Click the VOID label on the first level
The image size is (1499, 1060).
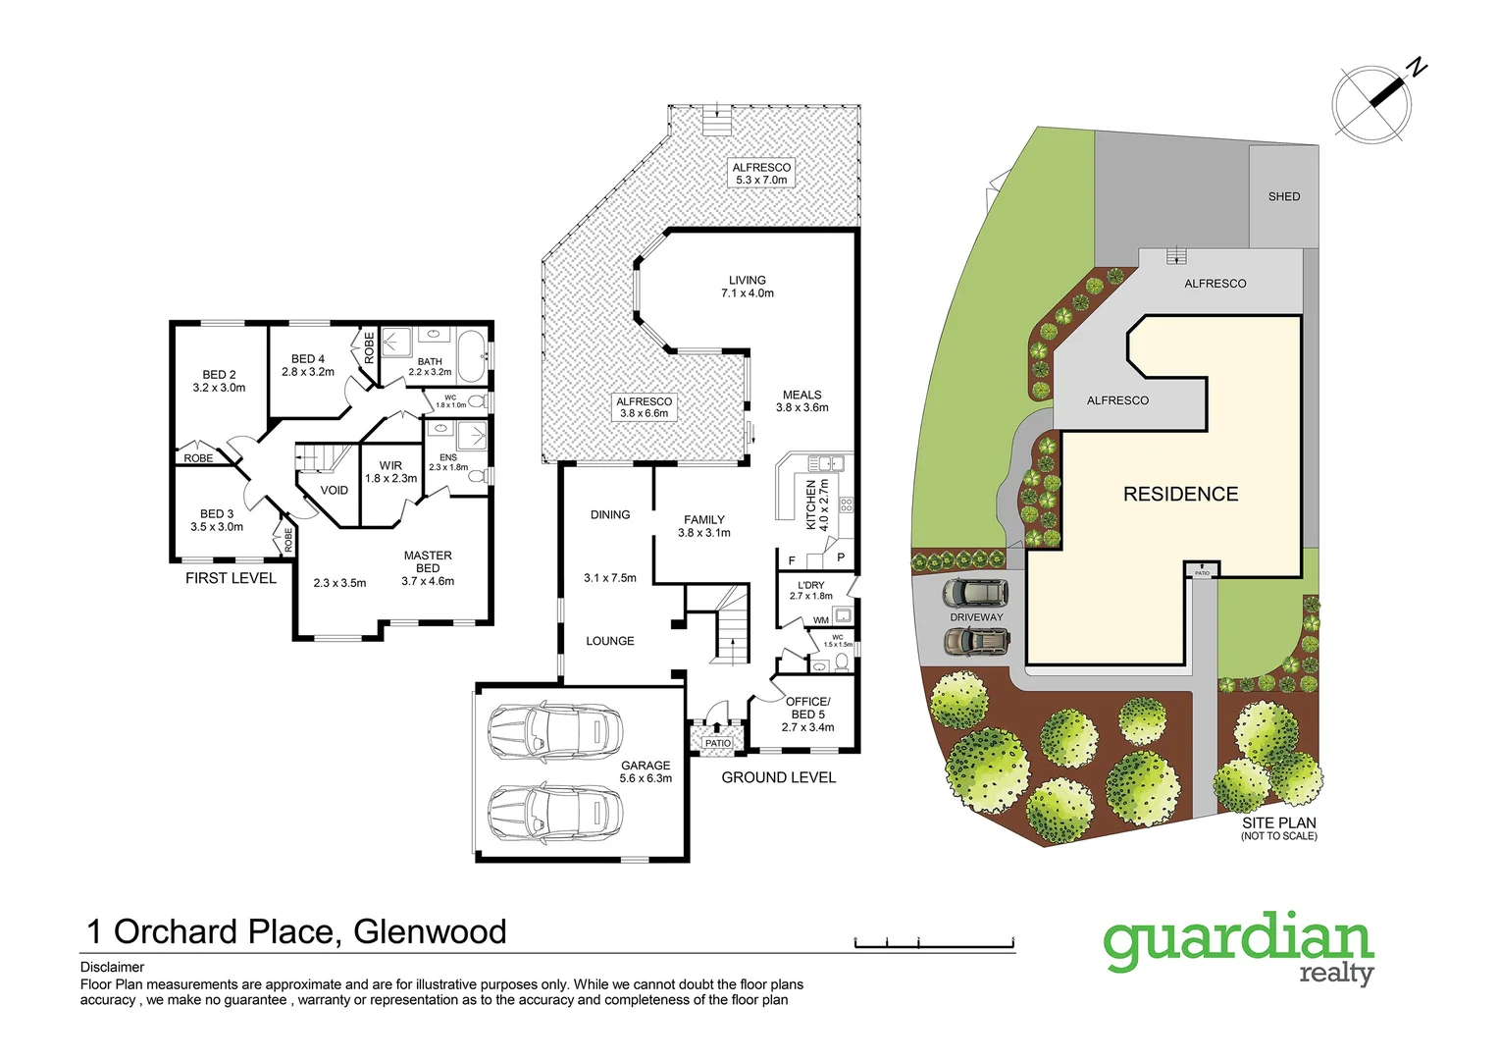pos(335,490)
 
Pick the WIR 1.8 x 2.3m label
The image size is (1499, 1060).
pos(390,472)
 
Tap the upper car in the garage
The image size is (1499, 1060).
pos(555,731)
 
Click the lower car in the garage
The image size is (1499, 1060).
pos(555,813)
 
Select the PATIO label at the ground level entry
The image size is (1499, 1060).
pos(718,743)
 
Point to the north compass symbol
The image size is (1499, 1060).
pos(1373,102)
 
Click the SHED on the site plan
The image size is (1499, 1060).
pos(1283,196)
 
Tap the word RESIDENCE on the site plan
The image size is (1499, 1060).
pos(1180,494)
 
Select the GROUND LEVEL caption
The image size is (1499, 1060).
pos(779,777)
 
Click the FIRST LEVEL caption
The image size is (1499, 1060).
pos(231,578)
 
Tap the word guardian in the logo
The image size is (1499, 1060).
pos(1238,940)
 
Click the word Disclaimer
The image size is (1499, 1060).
pos(112,967)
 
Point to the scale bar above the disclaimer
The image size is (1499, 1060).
pos(934,943)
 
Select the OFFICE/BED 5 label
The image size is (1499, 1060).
pos(807,714)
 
